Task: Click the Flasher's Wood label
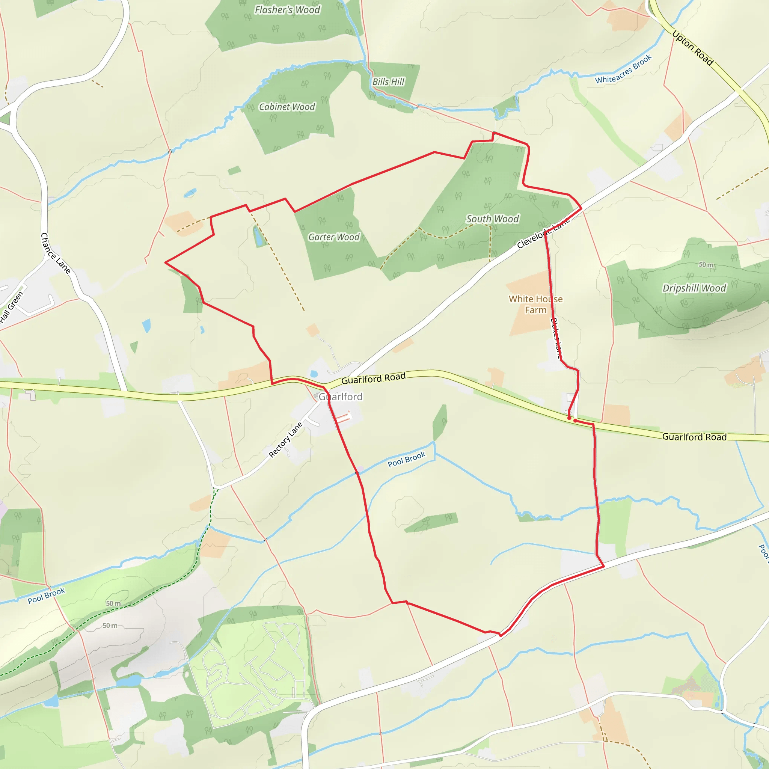[x=287, y=10]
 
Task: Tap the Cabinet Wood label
[x=286, y=107]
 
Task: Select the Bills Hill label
[x=388, y=81]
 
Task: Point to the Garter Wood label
[x=333, y=237]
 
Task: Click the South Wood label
[x=492, y=219]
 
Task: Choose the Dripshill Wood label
[x=694, y=288]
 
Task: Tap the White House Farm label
[x=535, y=305]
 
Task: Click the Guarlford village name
[x=340, y=397]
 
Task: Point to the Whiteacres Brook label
[x=623, y=69]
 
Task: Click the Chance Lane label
[x=56, y=253]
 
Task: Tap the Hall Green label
[x=12, y=306]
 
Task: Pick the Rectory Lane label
[x=285, y=439]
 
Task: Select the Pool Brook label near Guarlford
[x=406, y=459]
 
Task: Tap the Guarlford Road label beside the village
[x=373, y=378]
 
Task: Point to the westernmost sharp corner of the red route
[x=166, y=262]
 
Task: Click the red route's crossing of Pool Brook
[x=357, y=473]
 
